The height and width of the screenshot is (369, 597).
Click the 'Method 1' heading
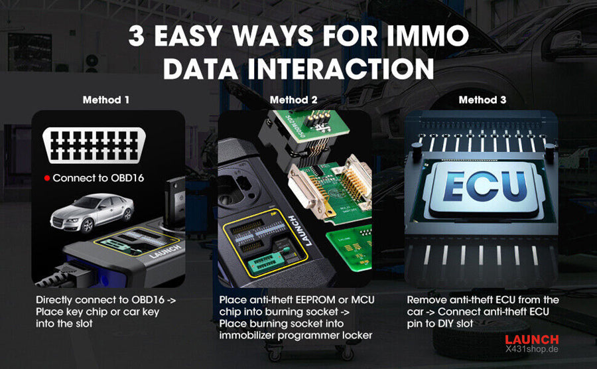tap(106, 100)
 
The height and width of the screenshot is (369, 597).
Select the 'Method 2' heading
tap(294, 100)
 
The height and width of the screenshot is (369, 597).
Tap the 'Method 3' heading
tap(482, 100)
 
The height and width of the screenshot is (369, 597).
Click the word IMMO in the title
tap(428, 37)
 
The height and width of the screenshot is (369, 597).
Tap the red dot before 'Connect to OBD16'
tap(47, 178)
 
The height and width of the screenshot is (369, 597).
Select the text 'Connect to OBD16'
tap(98, 178)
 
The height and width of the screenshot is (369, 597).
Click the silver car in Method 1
tap(92, 212)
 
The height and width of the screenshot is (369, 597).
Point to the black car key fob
tap(174, 202)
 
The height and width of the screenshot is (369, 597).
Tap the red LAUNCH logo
tap(531, 339)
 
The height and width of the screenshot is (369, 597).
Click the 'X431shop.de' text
tap(531, 349)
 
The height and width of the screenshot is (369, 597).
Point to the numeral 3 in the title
tap(136, 37)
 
